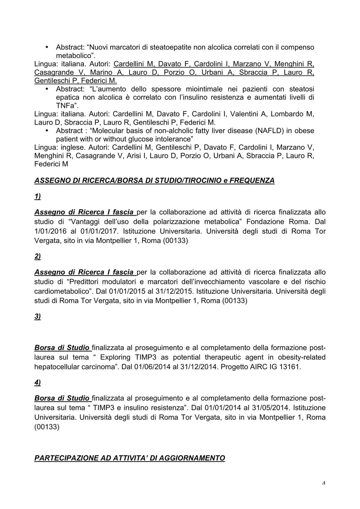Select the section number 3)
(37, 316)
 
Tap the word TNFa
(65, 106)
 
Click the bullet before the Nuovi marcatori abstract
(47, 47)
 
